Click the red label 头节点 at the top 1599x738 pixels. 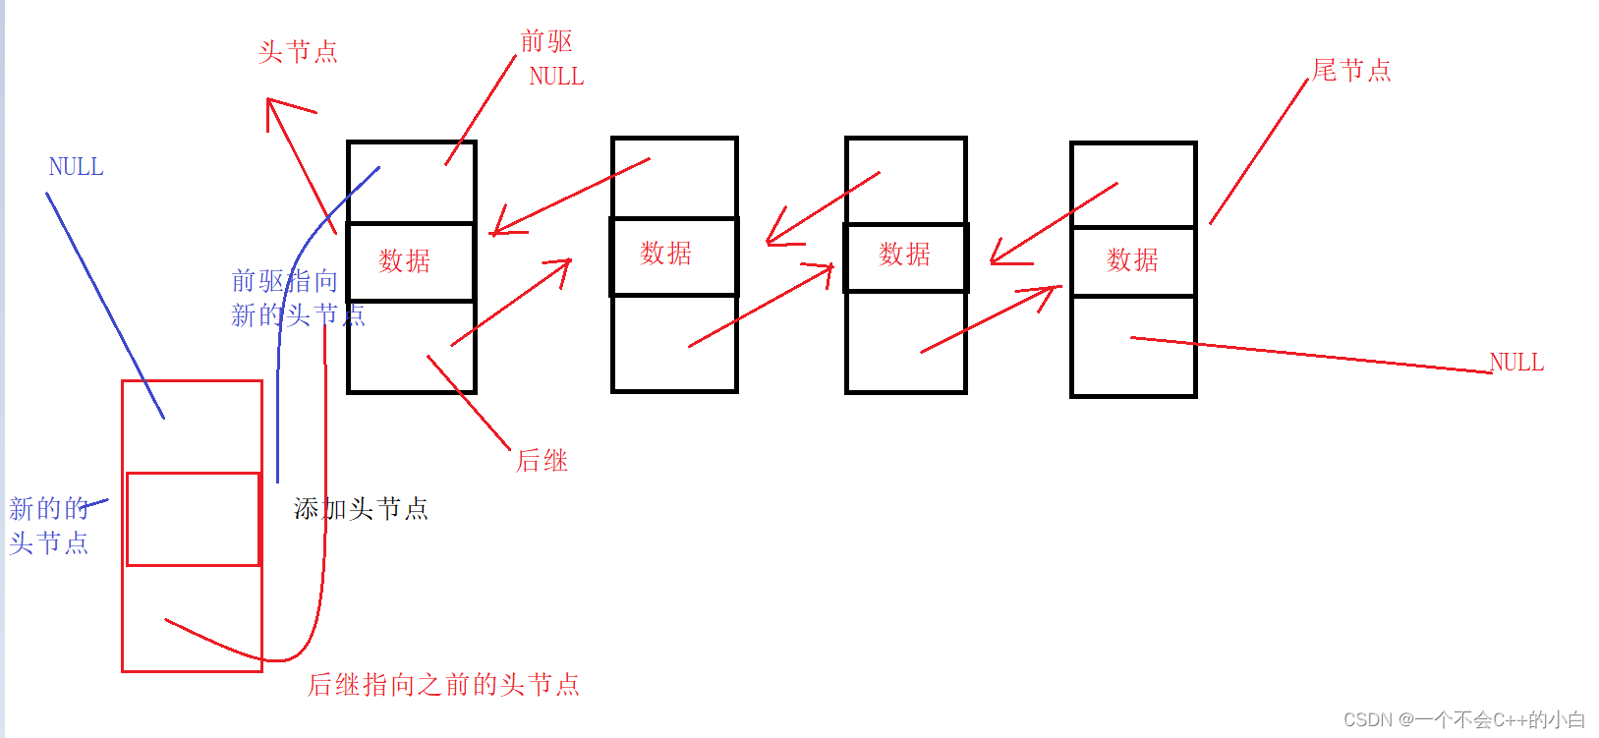pos(298,52)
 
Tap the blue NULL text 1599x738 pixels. pos(76,167)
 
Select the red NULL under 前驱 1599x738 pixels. pos(556,77)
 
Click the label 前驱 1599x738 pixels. pos(545,41)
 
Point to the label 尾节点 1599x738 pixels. pos(1351,71)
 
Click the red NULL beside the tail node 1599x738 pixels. pos(1516,363)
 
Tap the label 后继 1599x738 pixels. pos(543,461)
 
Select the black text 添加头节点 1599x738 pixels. pos(361,509)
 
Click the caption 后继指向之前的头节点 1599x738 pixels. pos(443,685)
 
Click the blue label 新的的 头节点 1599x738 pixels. pos(48,526)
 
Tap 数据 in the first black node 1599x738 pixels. pos(405,260)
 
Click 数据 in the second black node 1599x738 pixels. pos(666,254)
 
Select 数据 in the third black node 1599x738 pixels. pos(904,255)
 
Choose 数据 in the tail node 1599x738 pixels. pos(1132,259)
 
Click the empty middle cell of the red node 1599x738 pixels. pos(193,519)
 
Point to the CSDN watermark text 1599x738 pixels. pos(1463,719)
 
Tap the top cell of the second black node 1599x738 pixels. pos(674,177)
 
